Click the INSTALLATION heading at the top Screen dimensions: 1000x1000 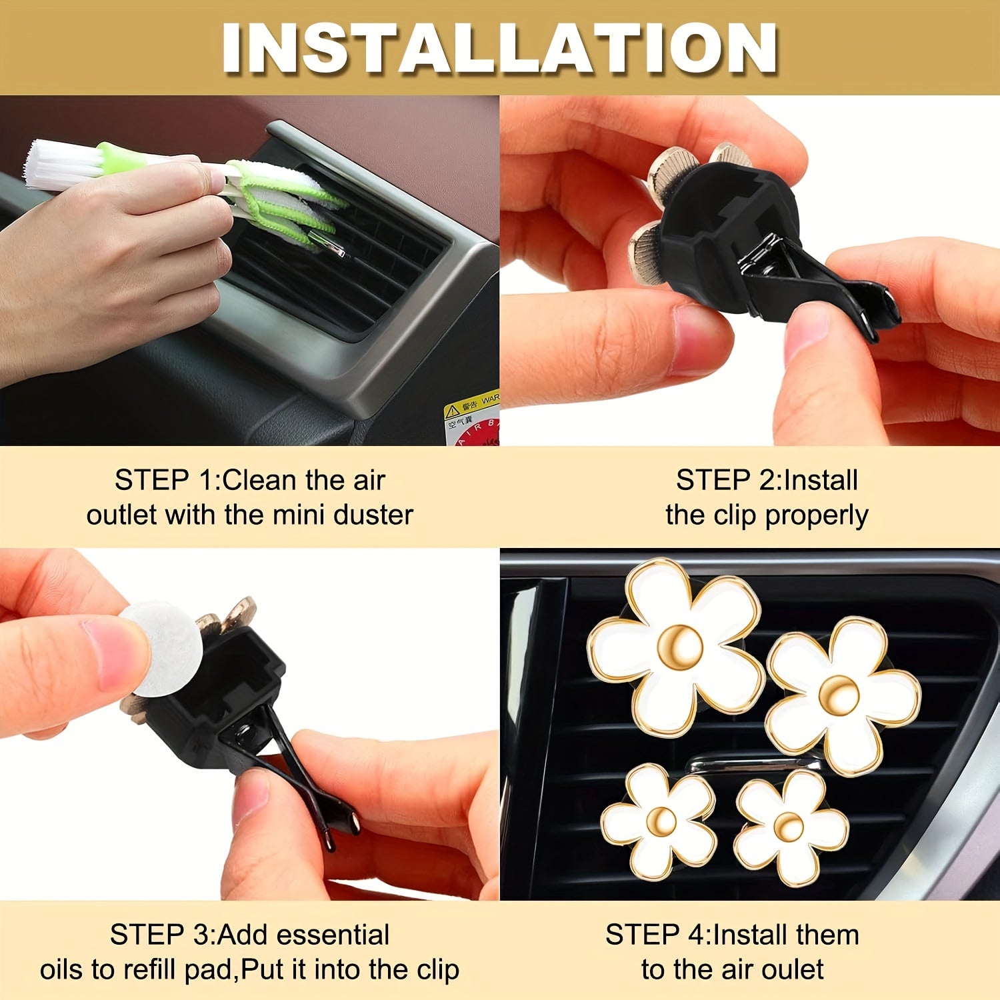[x=500, y=48]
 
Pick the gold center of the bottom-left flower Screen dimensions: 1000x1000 [x=662, y=821]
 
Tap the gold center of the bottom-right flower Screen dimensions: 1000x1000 [x=789, y=827]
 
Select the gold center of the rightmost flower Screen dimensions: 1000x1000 [x=839, y=694]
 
